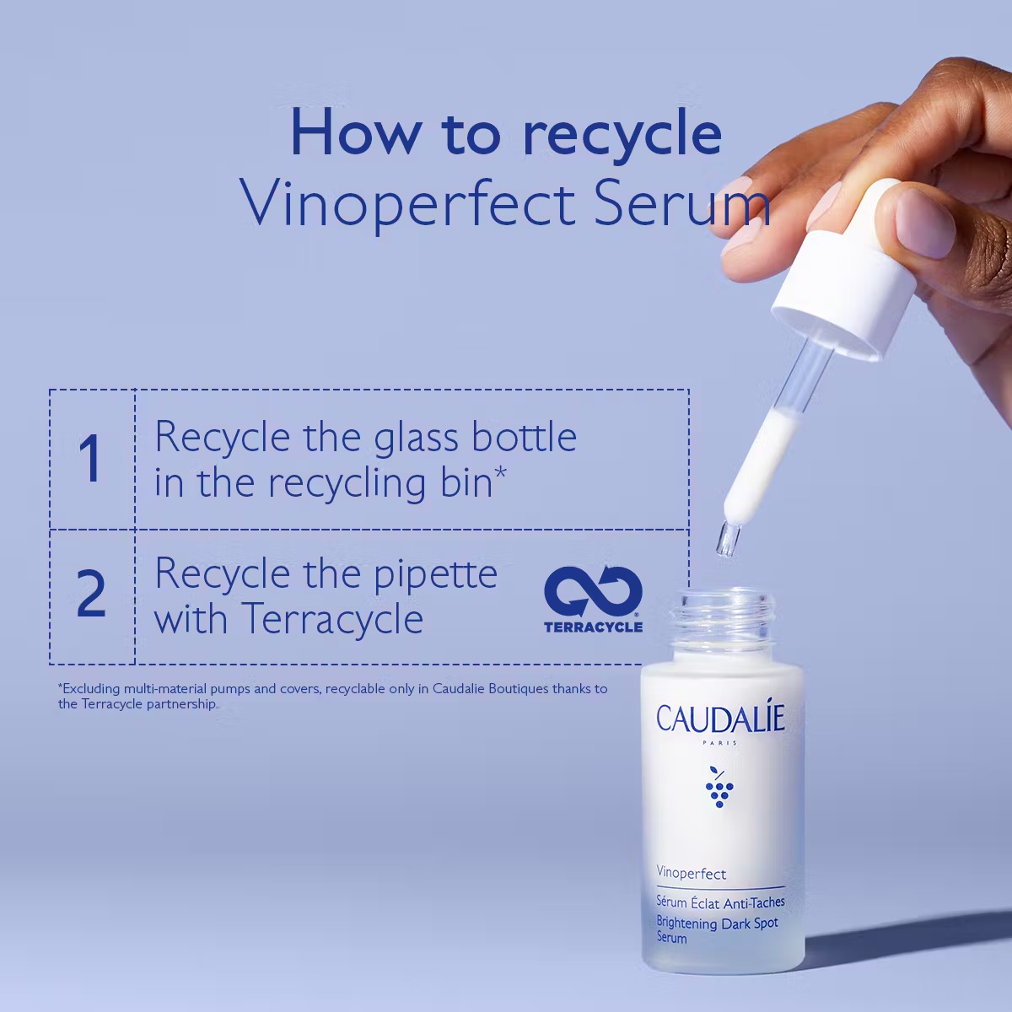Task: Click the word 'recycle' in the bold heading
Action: (x=622, y=133)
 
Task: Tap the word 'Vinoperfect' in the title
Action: (x=407, y=204)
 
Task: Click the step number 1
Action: (x=91, y=458)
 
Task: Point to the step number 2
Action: (x=91, y=594)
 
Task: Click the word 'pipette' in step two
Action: (x=435, y=576)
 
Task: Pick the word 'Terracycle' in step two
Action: (x=332, y=619)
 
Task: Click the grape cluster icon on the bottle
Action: (x=719, y=788)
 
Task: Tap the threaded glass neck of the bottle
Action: (x=723, y=623)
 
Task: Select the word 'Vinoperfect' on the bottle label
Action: (x=692, y=874)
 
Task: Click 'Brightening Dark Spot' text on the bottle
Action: (x=718, y=923)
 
